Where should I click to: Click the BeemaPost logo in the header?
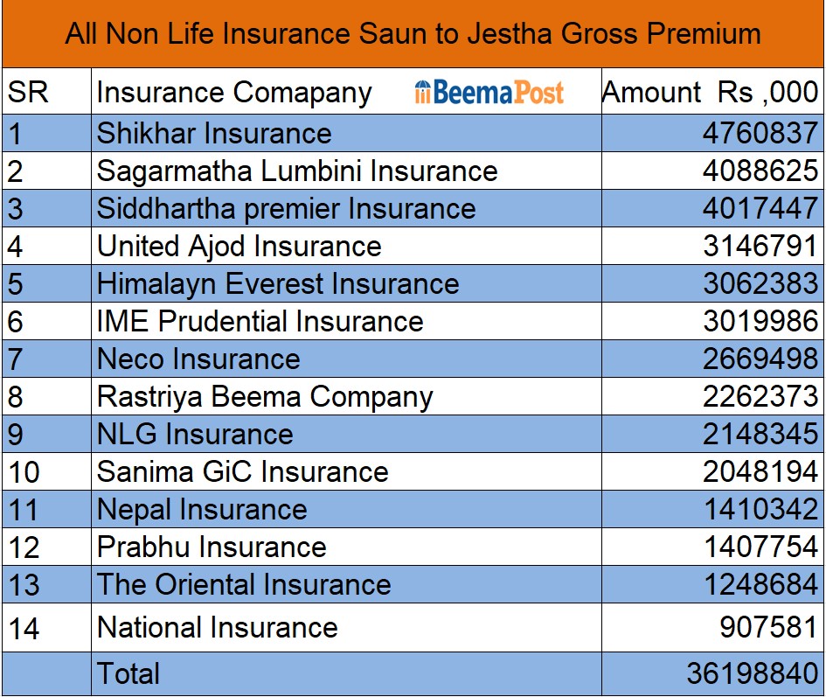(489, 92)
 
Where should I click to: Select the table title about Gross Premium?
(413, 34)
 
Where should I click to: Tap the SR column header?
(29, 92)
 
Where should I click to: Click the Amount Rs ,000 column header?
(711, 92)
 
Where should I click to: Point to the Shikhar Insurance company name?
(214, 133)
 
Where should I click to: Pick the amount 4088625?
(760, 171)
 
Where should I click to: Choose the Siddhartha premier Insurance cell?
(286, 208)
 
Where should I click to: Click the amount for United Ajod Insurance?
(760, 246)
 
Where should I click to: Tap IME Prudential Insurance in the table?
(260, 321)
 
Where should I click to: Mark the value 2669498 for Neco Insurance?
(760, 359)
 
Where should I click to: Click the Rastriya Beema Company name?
(265, 396)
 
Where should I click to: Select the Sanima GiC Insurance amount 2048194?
(760, 471)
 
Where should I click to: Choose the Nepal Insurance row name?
(202, 509)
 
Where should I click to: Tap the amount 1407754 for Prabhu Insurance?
(760, 547)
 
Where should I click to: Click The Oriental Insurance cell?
(244, 584)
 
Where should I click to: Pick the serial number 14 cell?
(24, 628)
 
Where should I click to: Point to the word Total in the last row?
(128, 673)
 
